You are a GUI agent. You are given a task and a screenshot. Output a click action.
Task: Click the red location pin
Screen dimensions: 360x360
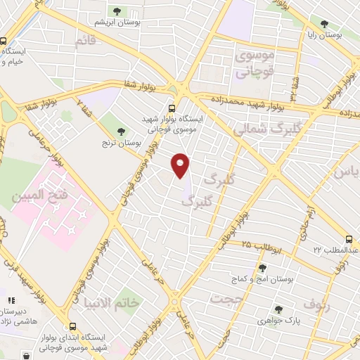tap(181, 166)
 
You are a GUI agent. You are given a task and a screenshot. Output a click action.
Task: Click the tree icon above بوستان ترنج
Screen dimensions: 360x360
tap(121, 131)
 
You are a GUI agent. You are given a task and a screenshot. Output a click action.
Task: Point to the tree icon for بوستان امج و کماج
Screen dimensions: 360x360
tap(262, 268)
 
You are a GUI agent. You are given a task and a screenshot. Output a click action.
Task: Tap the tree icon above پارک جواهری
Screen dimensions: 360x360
tap(278, 309)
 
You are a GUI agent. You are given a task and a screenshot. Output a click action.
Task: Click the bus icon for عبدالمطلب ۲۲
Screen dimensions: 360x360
tap(350, 238)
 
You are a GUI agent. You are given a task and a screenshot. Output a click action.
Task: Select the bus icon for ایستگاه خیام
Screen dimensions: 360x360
tap(4, 41)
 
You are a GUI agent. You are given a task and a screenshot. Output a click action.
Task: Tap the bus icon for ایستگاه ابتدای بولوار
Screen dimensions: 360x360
tap(73, 326)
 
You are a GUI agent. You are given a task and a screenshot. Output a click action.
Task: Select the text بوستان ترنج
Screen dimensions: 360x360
tap(120, 144)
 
